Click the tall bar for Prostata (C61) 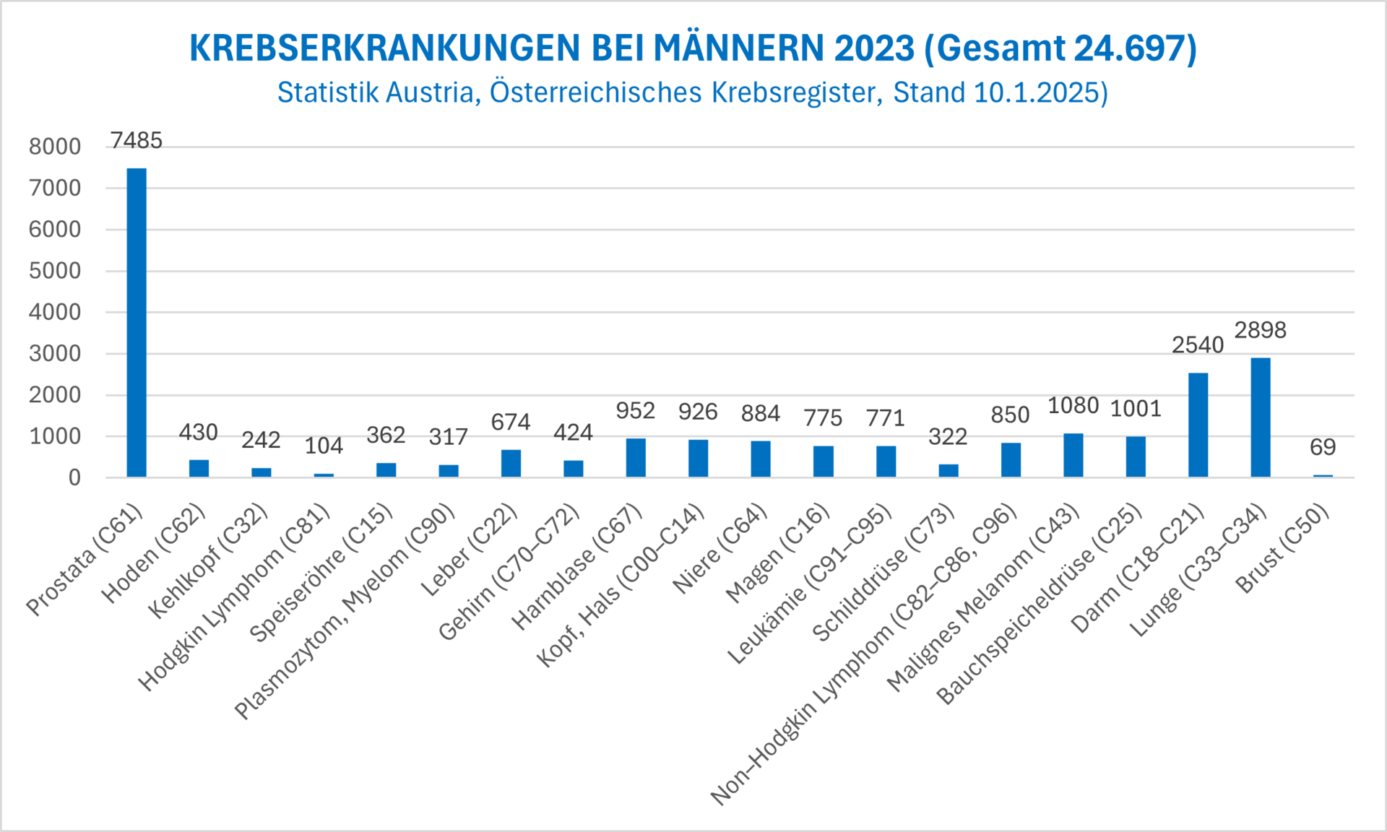pyautogui.click(x=137, y=322)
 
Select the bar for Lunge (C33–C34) pyautogui.click(x=1261, y=417)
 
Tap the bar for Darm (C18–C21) pyautogui.click(x=1198, y=425)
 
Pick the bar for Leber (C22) pyautogui.click(x=511, y=463)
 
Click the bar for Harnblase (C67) pyautogui.click(x=636, y=457)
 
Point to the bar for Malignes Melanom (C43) pyautogui.click(x=1073, y=455)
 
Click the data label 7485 pyautogui.click(x=137, y=140)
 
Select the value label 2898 pyautogui.click(x=1261, y=330)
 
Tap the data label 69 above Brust pyautogui.click(x=1323, y=447)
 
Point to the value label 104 pyautogui.click(x=324, y=446)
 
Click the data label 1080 pyautogui.click(x=1073, y=406)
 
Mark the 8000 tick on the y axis pyautogui.click(x=55, y=147)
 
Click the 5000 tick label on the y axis pyautogui.click(x=55, y=271)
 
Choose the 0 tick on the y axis pyautogui.click(x=74, y=477)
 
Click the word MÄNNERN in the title pyautogui.click(x=739, y=48)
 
